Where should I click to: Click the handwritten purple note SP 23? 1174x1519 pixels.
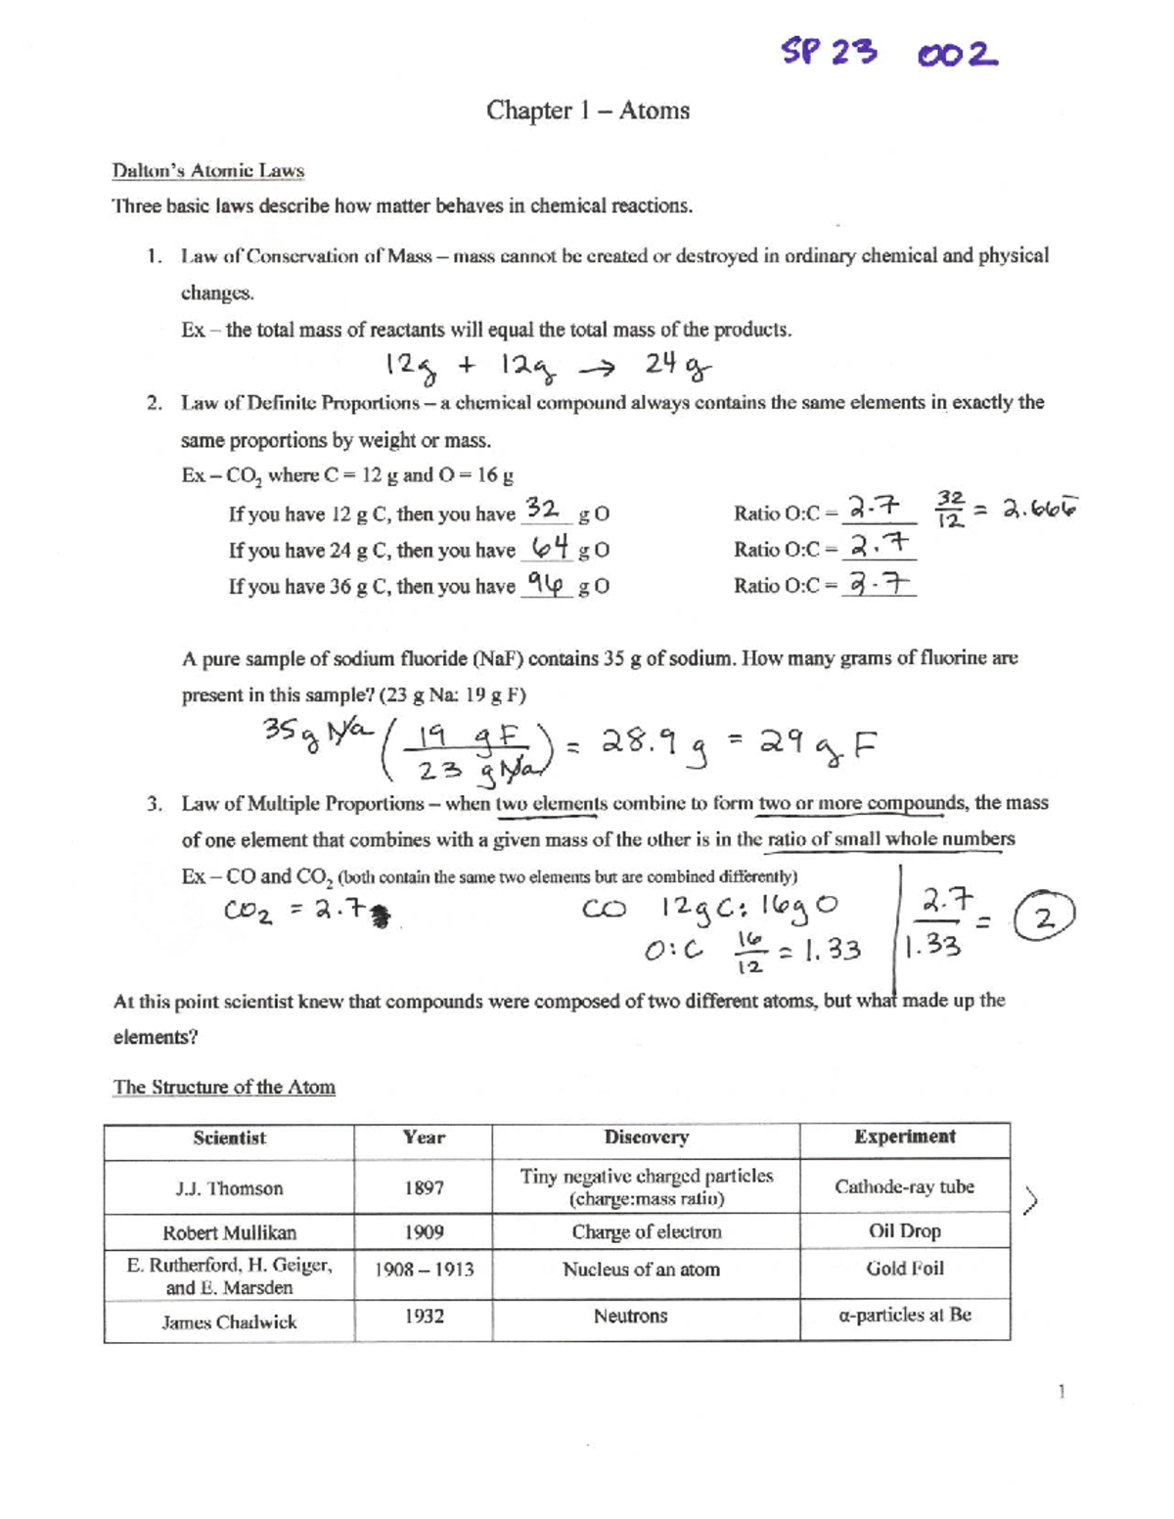point(829,52)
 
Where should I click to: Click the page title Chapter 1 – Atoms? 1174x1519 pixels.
point(588,111)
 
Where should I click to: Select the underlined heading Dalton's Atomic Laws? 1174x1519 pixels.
point(207,171)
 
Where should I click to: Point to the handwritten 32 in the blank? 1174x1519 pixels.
point(542,509)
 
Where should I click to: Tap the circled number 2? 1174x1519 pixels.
point(1045,918)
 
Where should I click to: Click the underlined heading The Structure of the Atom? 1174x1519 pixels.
point(224,1087)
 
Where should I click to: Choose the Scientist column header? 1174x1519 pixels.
point(229,1138)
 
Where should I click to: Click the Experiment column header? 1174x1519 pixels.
point(904,1137)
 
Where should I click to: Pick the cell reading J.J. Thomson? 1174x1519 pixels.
point(229,1188)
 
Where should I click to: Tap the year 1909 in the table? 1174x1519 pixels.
point(424,1232)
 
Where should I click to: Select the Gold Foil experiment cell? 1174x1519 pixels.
point(904,1269)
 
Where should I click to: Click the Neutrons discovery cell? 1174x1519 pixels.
point(630,1317)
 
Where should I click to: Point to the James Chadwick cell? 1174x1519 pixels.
point(229,1322)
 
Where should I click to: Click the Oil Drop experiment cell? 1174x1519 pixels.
point(904,1231)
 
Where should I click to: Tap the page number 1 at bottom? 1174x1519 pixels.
point(1061,1391)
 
